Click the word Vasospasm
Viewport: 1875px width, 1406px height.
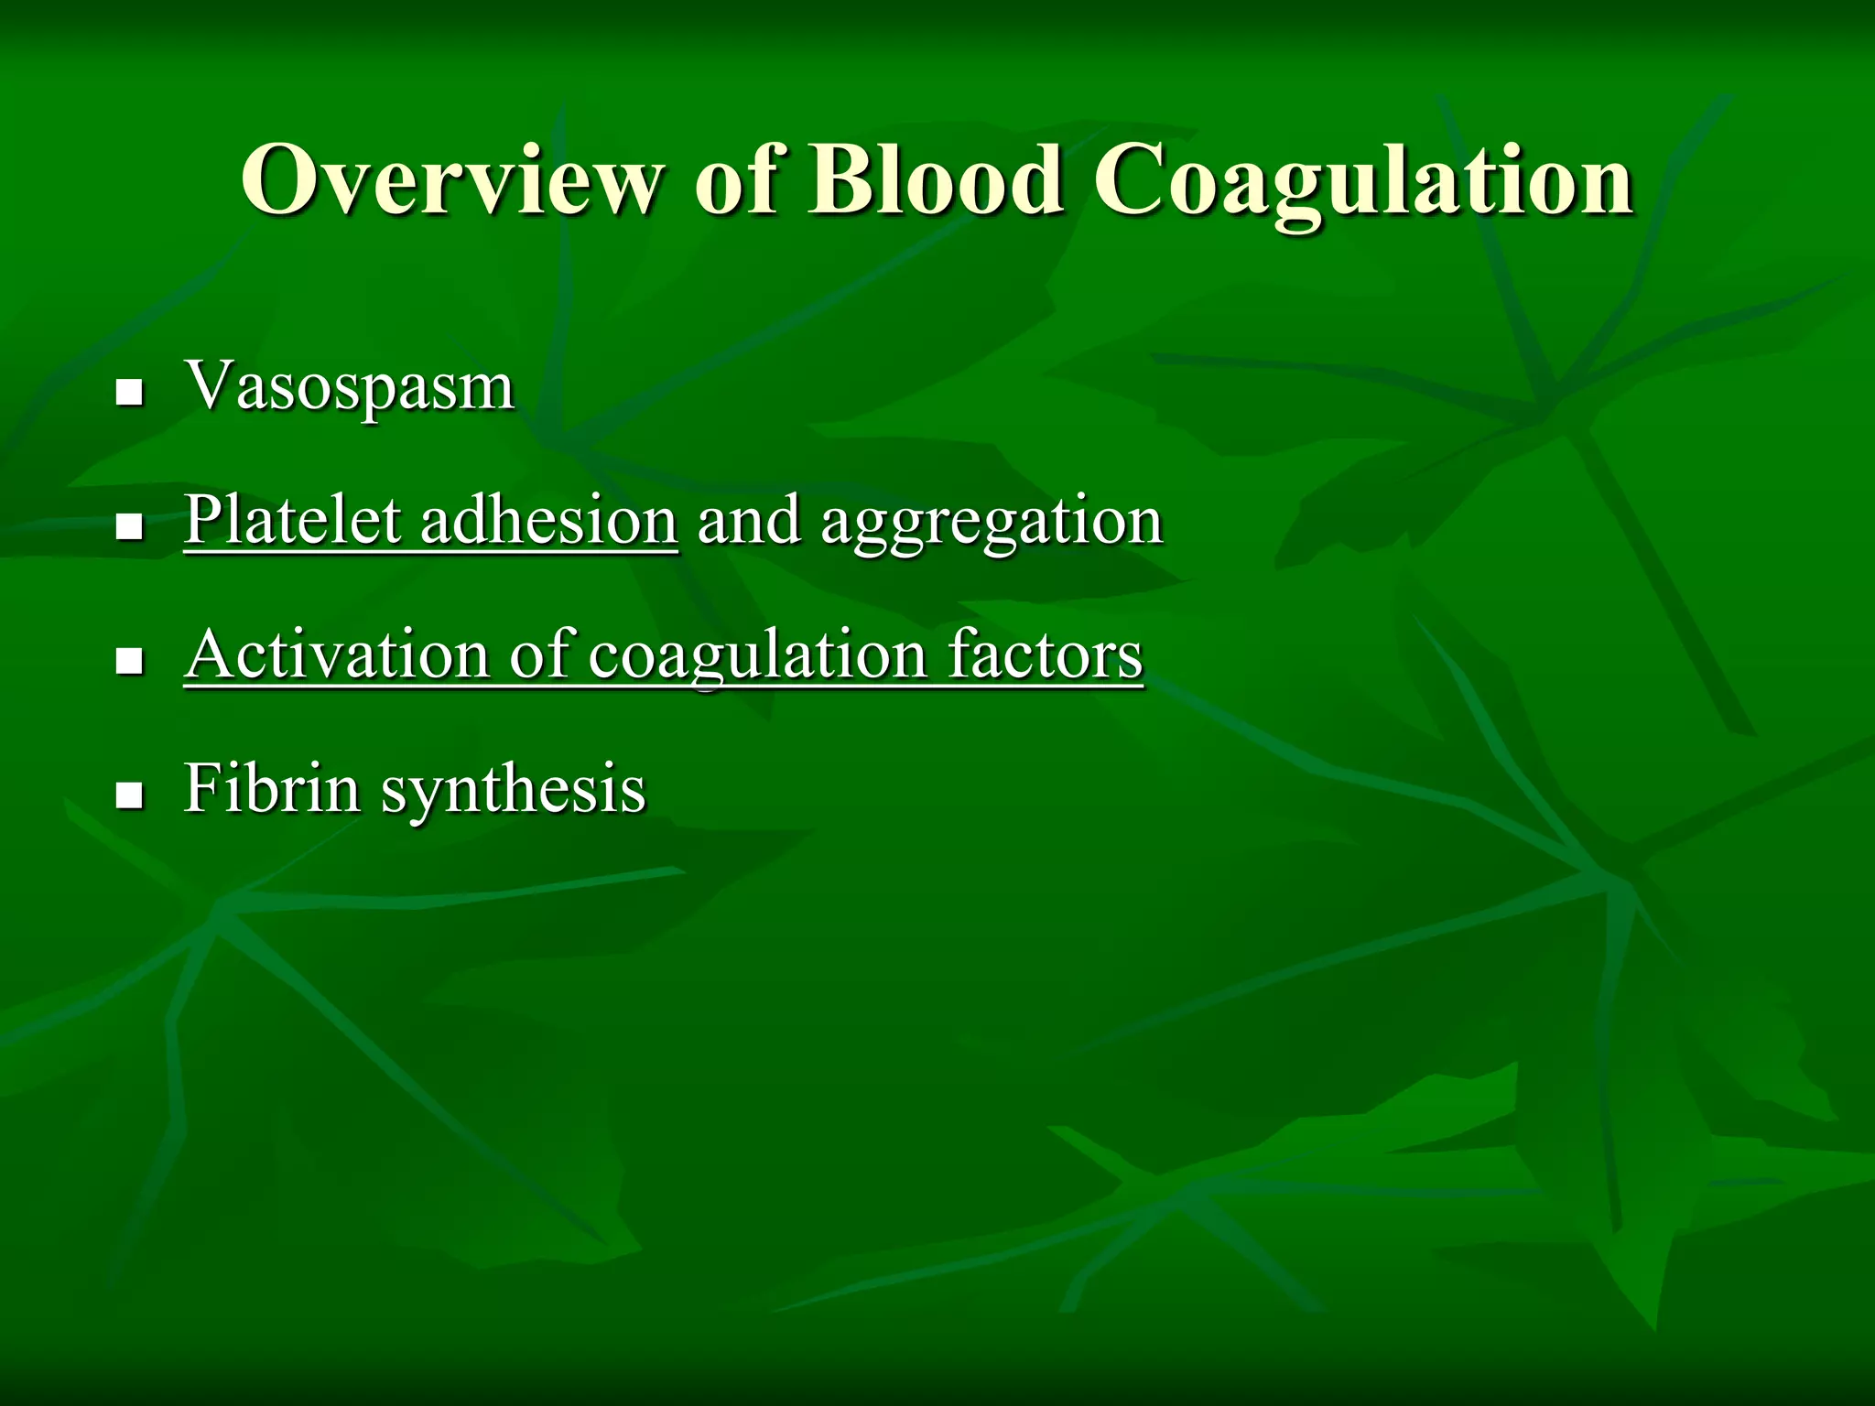(350, 386)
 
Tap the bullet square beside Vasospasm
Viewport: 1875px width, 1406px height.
(131, 394)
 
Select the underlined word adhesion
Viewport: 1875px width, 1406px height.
(548, 520)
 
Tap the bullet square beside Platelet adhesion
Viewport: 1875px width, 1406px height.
(131, 527)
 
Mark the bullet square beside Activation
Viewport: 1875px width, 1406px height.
(131, 662)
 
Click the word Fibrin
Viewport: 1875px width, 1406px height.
(272, 787)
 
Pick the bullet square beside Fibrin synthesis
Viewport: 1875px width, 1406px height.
(131, 795)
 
